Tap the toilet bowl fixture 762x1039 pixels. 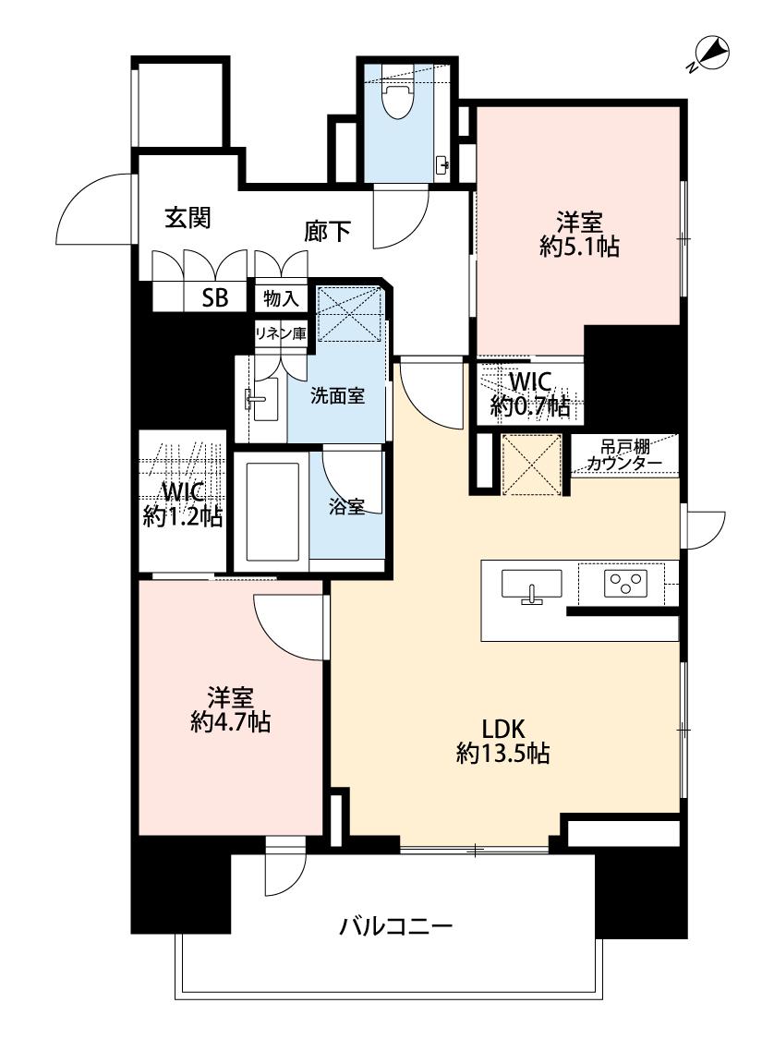[x=397, y=97]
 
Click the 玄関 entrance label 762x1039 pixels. [x=188, y=217]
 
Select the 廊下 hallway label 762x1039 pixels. [x=327, y=231]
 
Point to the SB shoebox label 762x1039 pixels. [x=214, y=299]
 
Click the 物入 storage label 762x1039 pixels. [x=281, y=299]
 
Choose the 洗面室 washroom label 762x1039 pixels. [x=337, y=396]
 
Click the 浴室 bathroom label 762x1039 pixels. [x=346, y=507]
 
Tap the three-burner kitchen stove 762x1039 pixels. [x=624, y=584]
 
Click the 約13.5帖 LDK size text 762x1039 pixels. [x=502, y=754]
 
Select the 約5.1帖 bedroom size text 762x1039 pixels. [x=580, y=248]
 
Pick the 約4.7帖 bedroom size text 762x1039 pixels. [x=231, y=722]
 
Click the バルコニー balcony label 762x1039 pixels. [x=396, y=925]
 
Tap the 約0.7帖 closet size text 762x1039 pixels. [x=530, y=405]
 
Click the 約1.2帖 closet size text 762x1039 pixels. [x=183, y=516]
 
